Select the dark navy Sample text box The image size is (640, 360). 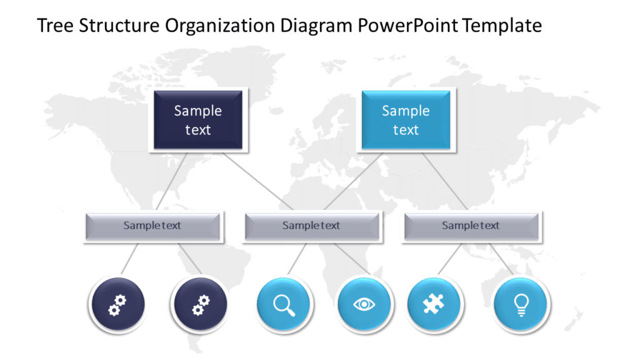(x=198, y=120)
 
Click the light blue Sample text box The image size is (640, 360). (x=406, y=120)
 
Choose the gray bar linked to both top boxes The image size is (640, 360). (x=312, y=226)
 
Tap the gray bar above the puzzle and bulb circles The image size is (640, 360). (x=471, y=226)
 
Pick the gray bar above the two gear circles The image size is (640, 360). (x=152, y=226)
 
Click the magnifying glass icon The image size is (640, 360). (x=284, y=304)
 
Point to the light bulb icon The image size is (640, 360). (x=520, y=304)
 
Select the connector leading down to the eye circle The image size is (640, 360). (x=350, y=258)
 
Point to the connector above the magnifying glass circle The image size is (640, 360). (x=296, y=258)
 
